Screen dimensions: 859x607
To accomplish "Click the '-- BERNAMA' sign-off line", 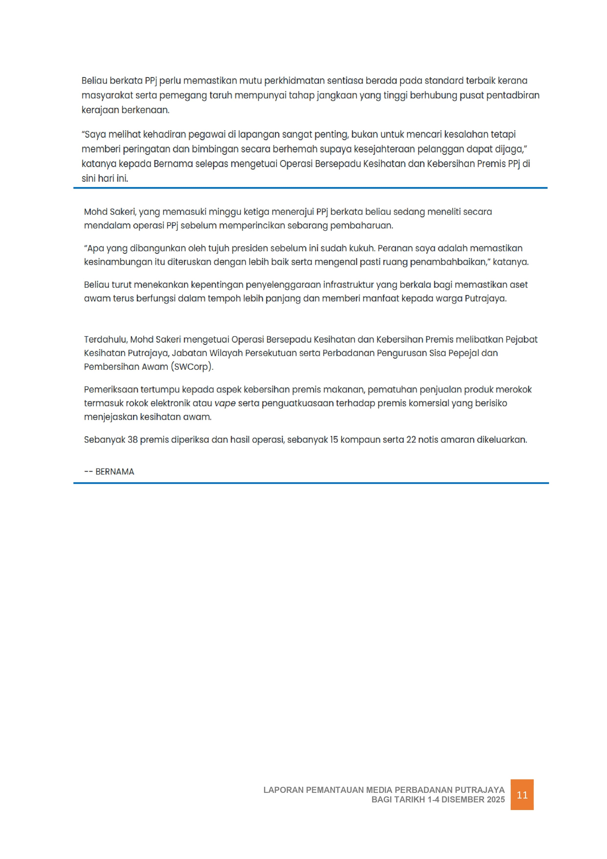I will (x=109, y=472).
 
